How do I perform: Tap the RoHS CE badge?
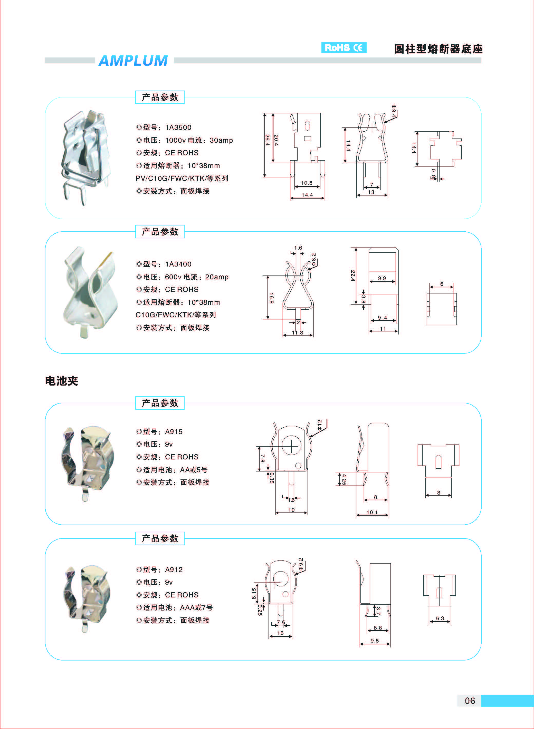coord(344,47)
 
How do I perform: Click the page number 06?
coord(470,701)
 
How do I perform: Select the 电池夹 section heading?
coord(62,381)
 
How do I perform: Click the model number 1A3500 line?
coord(164,127)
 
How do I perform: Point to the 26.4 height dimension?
coord(267,140)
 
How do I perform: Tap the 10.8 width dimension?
coord(307,183)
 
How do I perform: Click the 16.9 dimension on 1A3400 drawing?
coord(271,298)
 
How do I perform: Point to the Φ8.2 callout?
coord(313,259)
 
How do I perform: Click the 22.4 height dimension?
coord(353,275)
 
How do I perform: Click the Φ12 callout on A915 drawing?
coord(319,425)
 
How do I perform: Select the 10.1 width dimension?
coord(372,512)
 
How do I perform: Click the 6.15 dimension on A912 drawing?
coord(254,593)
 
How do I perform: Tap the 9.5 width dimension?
coord(374,641)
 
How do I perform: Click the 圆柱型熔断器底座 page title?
coord(438,49)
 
